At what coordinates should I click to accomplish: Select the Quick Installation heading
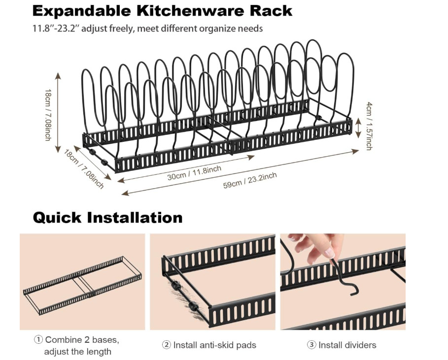pyautogui.click(x=107, y=217)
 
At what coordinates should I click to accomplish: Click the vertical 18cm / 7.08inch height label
pyautogui.click(x=48, y=115)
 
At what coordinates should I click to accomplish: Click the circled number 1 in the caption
pyautogui.click(x=38, y=340)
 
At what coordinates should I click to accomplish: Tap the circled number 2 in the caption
pyautogui.click(x=167, y=345)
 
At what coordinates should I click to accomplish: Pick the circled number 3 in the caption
pyautogui.click(x=311, y=345)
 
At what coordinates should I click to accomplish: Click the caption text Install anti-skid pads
pyautogui.click(x=214, y=345)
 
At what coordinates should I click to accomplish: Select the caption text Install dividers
pyautogui.click(x=347, y=345)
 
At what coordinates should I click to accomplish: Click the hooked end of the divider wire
pyautogui.click(x=350, y=291)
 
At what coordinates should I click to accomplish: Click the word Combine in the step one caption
pyautogui.click(x=63, y=340)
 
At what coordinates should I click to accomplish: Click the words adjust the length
pyautogui.click(x=77, y=352)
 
